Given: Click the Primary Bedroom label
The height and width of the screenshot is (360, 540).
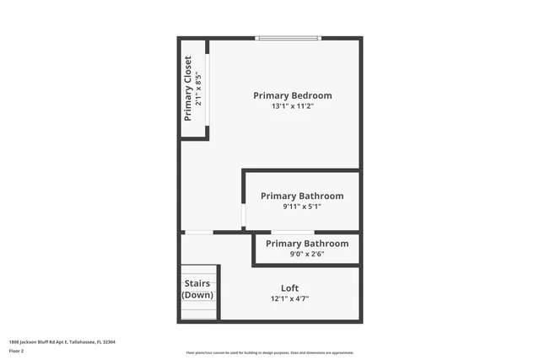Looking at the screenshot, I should (x=293, y=95).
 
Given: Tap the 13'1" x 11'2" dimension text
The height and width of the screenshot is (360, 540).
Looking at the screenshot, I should (x=293, y=107).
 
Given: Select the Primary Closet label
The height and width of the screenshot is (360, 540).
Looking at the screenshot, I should (x=188, y=88).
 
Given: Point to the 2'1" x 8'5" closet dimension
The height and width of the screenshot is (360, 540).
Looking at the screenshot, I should (x=199, y=88).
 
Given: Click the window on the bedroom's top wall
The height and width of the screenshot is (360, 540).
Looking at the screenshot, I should (x=289, y=37).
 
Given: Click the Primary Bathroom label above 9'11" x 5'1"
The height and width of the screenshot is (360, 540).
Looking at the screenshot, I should (x=302, y=196).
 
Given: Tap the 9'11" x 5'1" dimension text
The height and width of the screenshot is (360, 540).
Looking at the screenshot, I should (x=302, y=207).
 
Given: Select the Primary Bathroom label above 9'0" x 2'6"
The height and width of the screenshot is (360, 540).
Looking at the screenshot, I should (x=307, y=244).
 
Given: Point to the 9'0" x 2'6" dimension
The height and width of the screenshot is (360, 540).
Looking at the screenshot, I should (x=307, y=254).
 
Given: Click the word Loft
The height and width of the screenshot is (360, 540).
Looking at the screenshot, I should (x=289, y=288).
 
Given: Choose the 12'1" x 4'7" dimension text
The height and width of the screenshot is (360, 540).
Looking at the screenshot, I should (x=289, y=298).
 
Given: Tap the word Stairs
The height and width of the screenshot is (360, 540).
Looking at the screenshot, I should (x=198, y=284).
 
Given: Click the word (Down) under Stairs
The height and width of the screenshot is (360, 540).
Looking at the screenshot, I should (x=198, y=295).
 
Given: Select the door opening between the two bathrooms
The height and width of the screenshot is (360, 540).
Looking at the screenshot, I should (x=292, y=232).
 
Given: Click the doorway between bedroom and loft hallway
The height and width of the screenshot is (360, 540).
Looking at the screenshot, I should (x=199, y=232).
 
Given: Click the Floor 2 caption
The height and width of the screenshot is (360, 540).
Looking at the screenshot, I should (x=17, y=349).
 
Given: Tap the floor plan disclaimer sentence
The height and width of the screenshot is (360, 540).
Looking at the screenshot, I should (x=269, y=353).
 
